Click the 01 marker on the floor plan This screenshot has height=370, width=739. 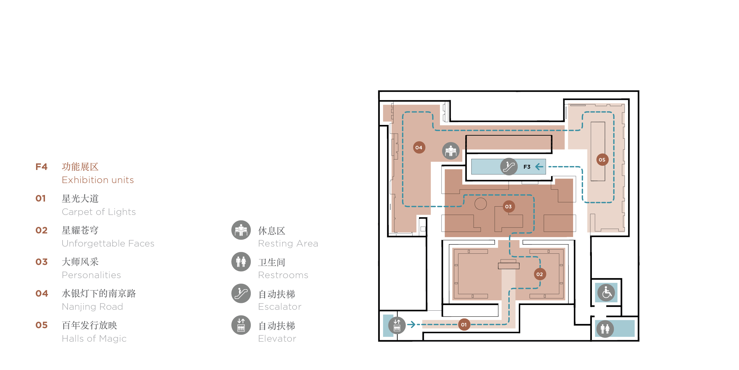[x=464, y=325]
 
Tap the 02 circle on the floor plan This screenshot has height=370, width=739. [x=540, y=274]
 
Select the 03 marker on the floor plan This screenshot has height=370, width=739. [x=508, y=207]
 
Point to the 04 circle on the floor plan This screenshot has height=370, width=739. [x=419, y=148]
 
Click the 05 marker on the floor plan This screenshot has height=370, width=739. [x=602, y=160]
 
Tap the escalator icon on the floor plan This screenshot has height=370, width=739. [x=509, y=167]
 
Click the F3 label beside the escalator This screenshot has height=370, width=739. [x=527, y=167]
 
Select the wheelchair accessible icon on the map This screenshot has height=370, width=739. [x=606, y=293]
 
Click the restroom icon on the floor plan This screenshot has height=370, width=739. [x=605, y=329]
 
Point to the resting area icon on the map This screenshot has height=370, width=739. [x=451, y=151]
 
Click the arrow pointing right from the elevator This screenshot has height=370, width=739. [x=411, y=324]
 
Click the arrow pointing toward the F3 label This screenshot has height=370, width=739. [x=539, y=167]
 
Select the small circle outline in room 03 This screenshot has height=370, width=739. [x=480, y=204]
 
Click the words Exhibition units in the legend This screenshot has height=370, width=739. [x=98, y=180]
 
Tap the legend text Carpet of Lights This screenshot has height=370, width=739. [x=99, y=212]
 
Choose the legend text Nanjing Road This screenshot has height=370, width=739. [x=92, y=306]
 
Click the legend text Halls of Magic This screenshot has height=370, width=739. [x=94, y=338]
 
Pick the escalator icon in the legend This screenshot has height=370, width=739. [x=241, y=293]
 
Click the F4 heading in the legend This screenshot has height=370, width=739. [x=41, y=167]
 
